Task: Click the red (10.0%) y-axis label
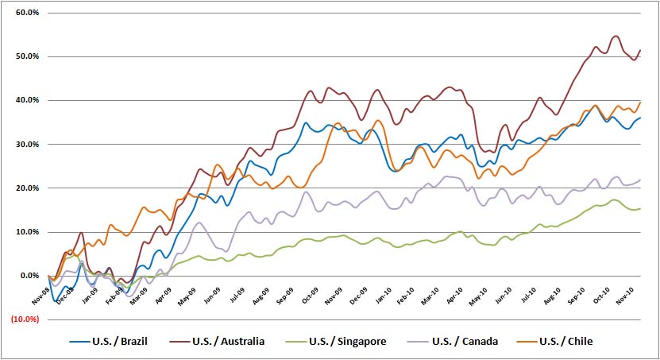(x=23, y=319)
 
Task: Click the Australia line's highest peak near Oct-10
(x=616, y=36)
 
